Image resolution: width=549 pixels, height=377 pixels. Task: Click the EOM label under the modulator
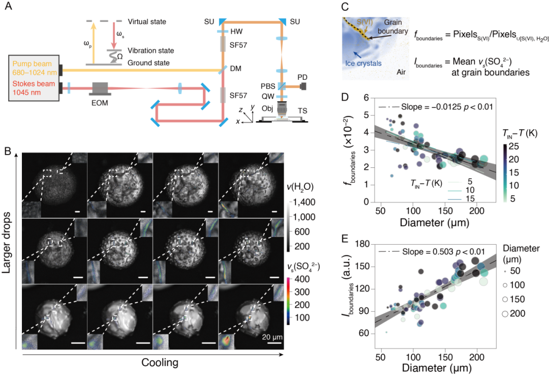tap(100, 103)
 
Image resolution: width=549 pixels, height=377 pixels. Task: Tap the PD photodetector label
tap(302, 77)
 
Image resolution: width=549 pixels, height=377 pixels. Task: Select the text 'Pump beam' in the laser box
tap(32, 64)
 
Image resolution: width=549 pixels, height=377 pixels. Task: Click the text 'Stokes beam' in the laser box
tap(34, 84)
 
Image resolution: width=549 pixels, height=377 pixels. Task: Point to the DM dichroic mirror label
tap(236, 68)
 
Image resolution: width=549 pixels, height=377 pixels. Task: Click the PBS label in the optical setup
tap(268, 86)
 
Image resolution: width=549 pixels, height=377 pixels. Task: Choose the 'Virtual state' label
tap(147, 22)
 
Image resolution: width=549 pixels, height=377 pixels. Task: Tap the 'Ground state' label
tap(148, 63)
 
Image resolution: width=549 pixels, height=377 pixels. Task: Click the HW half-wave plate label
tap(236, 32)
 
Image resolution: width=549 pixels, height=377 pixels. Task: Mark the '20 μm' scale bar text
tap(272, 337)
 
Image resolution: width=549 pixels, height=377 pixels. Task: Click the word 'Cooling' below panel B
tap(160, 362)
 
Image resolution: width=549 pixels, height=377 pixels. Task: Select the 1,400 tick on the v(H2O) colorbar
tap(304, 202)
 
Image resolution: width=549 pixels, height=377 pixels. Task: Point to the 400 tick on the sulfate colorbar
tap(302, 279)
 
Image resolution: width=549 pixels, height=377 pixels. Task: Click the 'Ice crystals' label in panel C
tap(363, 64)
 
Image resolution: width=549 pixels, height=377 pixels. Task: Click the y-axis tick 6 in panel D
tap(366, 98)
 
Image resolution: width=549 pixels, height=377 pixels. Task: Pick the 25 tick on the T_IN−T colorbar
tap(513, 147)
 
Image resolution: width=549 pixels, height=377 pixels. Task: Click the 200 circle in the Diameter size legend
tap(505, 314)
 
